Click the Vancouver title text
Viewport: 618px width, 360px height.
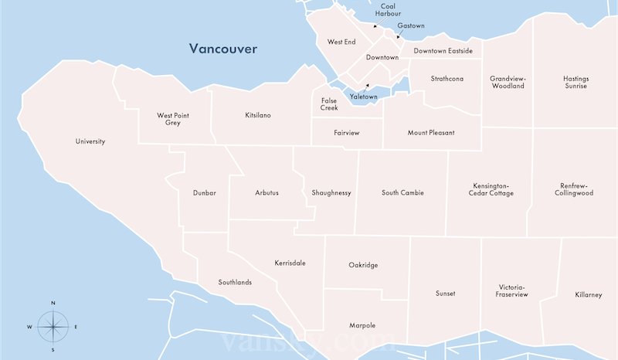(224, 49)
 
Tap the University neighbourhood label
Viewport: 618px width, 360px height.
(90, 141)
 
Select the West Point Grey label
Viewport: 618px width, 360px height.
(173, 119)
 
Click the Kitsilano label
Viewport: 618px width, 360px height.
(257, 115)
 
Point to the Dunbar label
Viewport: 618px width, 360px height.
(205, 192)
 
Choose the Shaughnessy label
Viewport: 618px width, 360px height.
(331, 192)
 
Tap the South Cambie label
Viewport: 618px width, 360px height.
(402, 192)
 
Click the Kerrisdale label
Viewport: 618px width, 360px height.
(290, 263)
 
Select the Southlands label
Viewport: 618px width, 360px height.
(235, 282)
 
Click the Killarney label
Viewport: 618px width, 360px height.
(588, 295)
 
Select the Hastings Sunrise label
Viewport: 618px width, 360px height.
(575, 82)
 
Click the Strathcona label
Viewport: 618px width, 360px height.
(447, 79)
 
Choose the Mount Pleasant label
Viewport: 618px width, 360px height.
(431, 133)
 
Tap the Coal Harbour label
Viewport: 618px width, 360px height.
(388, 9)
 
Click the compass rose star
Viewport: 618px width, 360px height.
(53, 326)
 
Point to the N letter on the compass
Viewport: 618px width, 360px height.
(53, 303)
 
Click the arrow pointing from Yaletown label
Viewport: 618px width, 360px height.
(368, 87)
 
